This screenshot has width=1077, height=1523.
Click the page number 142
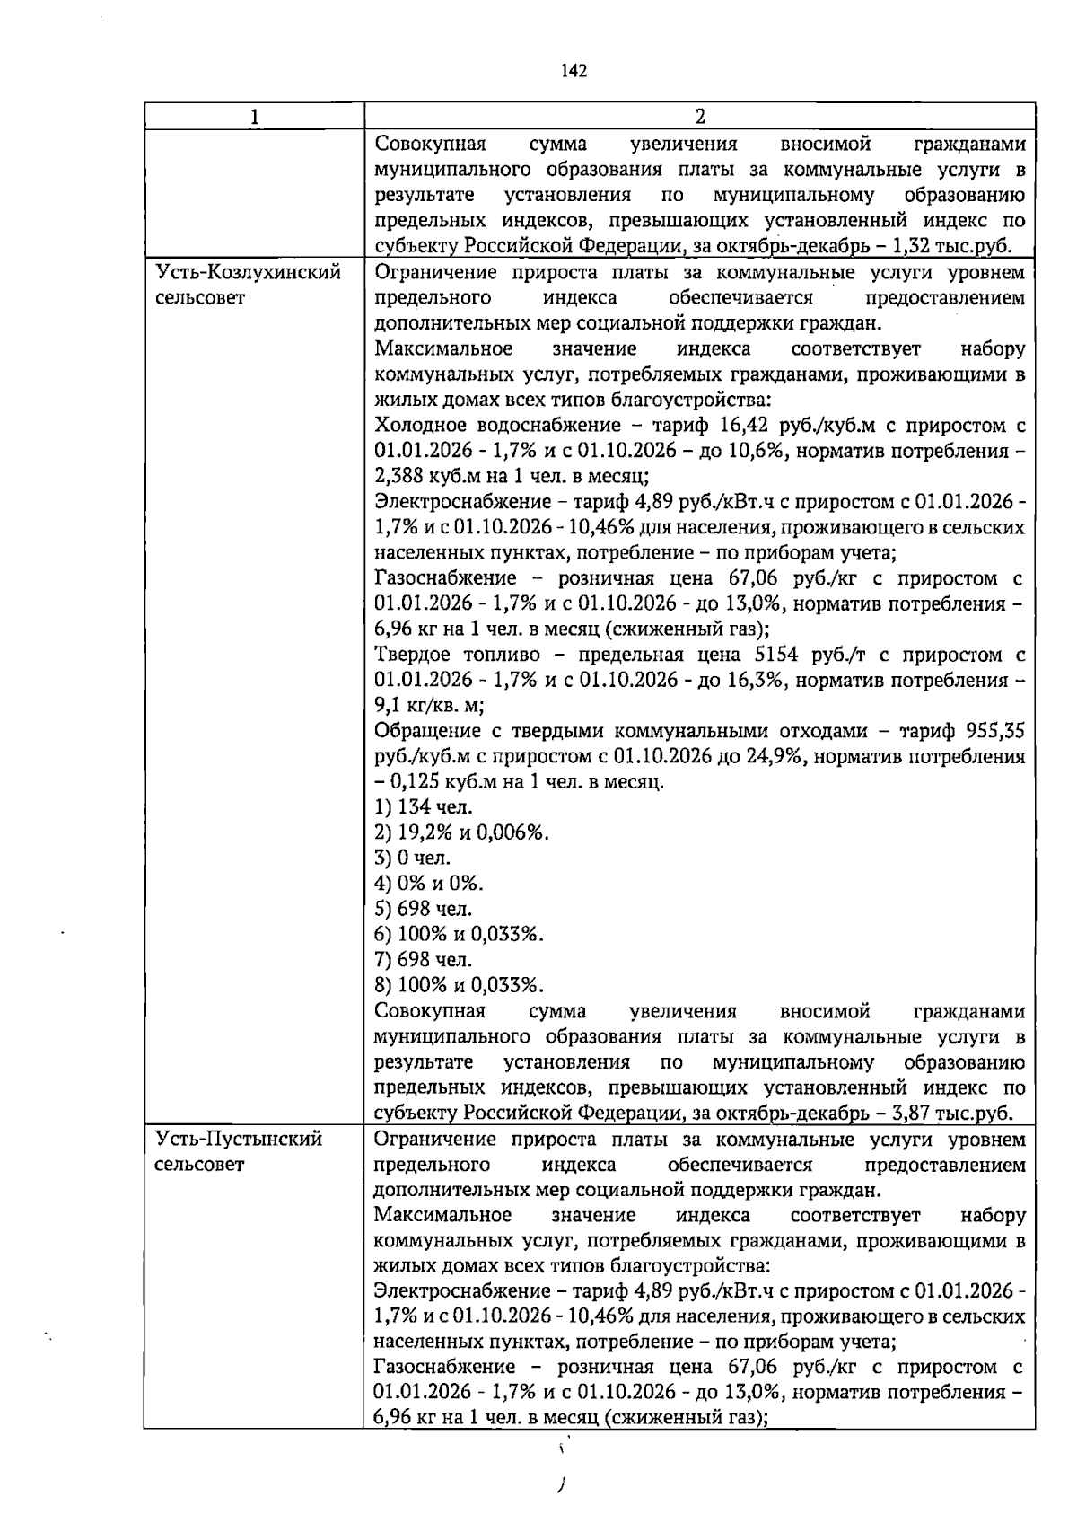[x=574, y=71]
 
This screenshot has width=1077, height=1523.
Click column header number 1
[x=254, y=117]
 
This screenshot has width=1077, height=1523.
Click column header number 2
[x=700, y=117]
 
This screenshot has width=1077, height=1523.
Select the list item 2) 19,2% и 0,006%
[x=461, y=832]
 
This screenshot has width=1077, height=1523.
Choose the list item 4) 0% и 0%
[x=429, y=883]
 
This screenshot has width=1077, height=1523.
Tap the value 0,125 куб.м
[x=437, y=781]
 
